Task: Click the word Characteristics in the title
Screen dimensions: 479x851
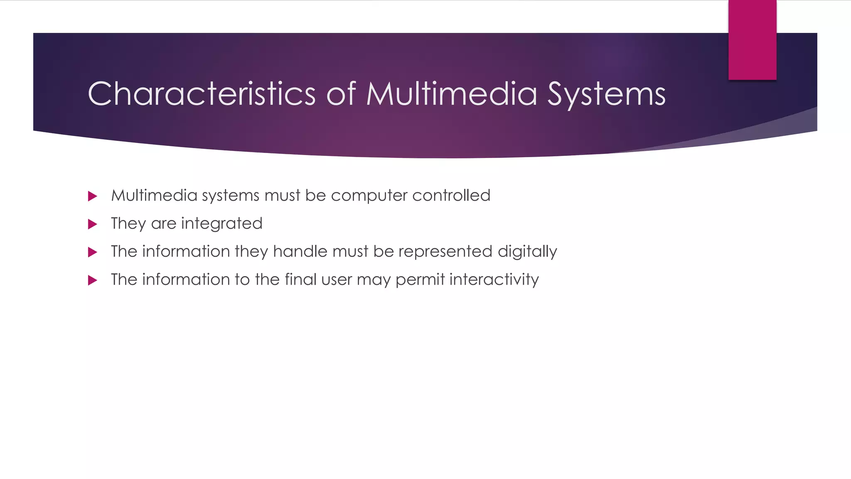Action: [x=202, y=94]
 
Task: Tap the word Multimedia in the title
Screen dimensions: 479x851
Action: [x=452, y=94]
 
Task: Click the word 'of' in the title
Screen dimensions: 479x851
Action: [x=341, y=94]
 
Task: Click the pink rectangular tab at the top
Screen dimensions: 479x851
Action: [x=752, y=40]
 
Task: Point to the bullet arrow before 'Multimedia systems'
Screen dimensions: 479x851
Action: [x=93, y=196]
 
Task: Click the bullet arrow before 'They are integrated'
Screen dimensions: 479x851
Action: [x=93, y=225]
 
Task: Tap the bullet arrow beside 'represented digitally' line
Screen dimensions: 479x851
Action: [x=93, y=252]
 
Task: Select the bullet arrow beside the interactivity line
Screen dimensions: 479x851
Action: [x=93, y=281]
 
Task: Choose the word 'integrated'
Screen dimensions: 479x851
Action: [x=221, y=224]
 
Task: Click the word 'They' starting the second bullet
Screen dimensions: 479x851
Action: [x=128, y=224]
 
